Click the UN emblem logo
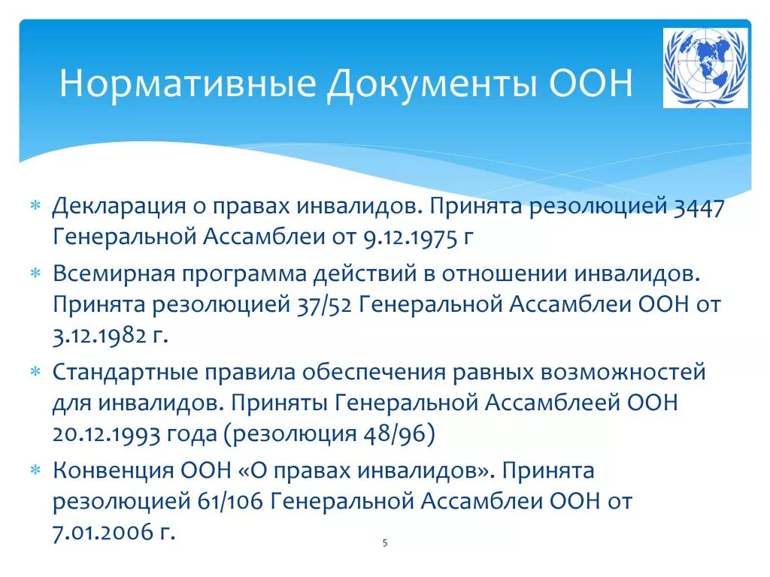(705, 68)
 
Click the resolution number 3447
(699, 207)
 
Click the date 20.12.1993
(100, 434)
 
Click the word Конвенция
(113, 470)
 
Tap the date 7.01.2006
(99, 533)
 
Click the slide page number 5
(384, 543)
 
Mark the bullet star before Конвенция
(35, 470)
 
